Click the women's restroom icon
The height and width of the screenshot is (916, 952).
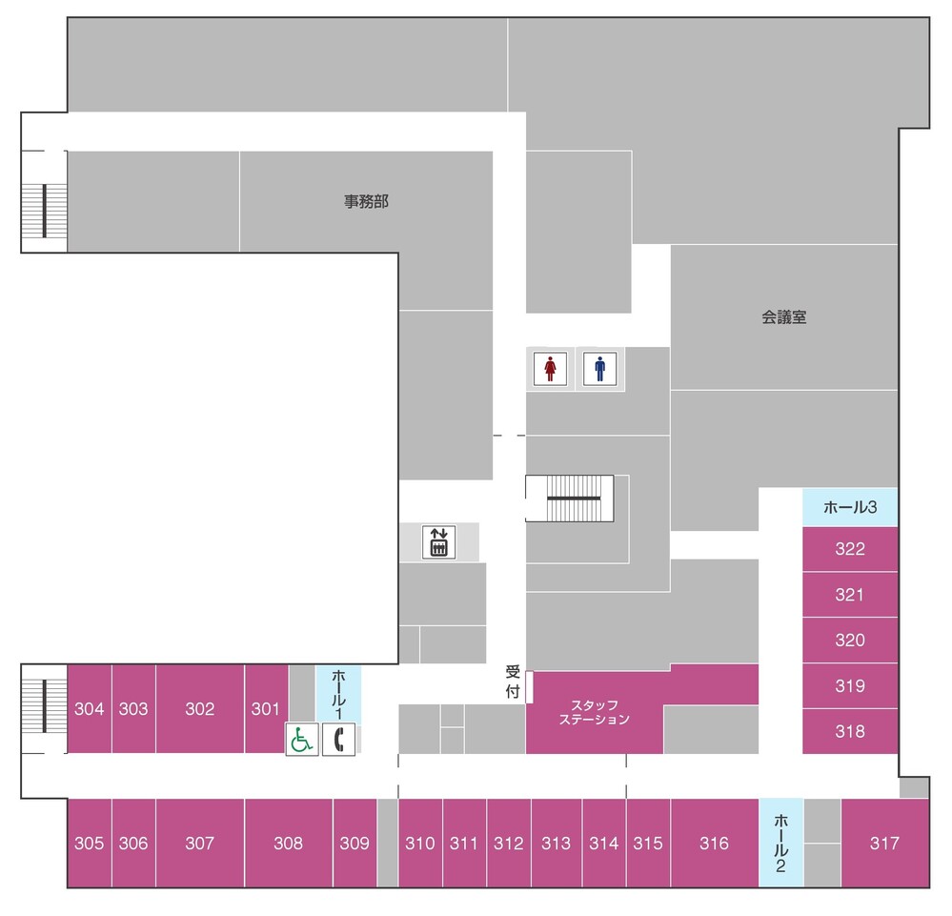(550, 369)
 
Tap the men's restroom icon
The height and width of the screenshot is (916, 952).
(599, 369)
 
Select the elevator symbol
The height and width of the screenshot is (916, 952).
(438, 541)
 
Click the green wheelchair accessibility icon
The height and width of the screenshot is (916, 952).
(302, 740)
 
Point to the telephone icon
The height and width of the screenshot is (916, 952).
(339, 740)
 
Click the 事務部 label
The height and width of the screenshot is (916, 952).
(366, 202)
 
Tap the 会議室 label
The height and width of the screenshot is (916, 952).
(784, 317)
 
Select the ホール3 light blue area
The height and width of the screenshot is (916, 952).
(850, 507)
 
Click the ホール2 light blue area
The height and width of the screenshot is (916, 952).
(780, 843)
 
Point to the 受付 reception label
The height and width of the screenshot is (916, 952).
(513, 682)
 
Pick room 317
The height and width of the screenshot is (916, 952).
(884, 843)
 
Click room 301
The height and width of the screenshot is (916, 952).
(266, 709)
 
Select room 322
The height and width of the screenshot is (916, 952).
(850, 549)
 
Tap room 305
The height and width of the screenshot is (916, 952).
(90, 843)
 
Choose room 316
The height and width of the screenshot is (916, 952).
(715, 843)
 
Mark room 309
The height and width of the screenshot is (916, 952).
(354, 843)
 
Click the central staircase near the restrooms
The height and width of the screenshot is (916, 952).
(570, 499)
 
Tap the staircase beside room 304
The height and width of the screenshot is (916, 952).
(45, 705)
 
